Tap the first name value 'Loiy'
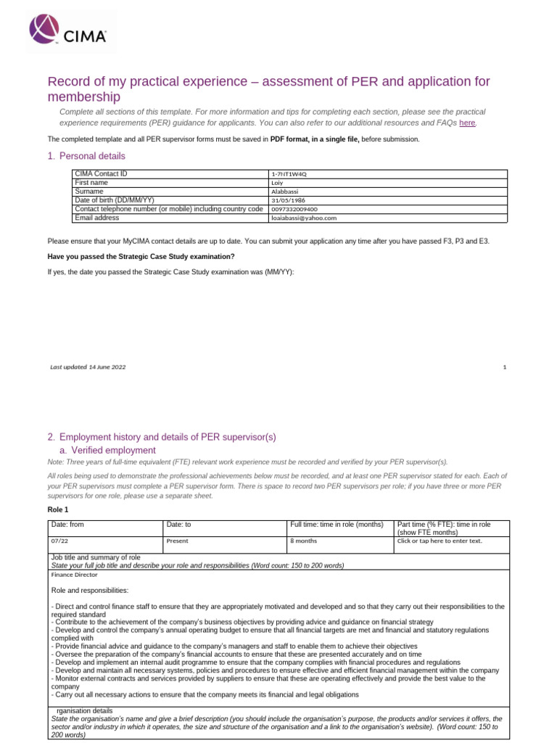click(x=277, y=183)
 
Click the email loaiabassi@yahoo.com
click(x=303, y=218)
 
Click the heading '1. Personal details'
click(x=86, y=156)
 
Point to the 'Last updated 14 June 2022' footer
click(x=88, y=368)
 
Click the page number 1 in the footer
click(x=504, y=368)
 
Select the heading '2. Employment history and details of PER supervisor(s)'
click(x=162, y=437)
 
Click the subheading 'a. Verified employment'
click(x=107, y=450)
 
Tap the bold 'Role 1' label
click(x=59, y=510)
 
